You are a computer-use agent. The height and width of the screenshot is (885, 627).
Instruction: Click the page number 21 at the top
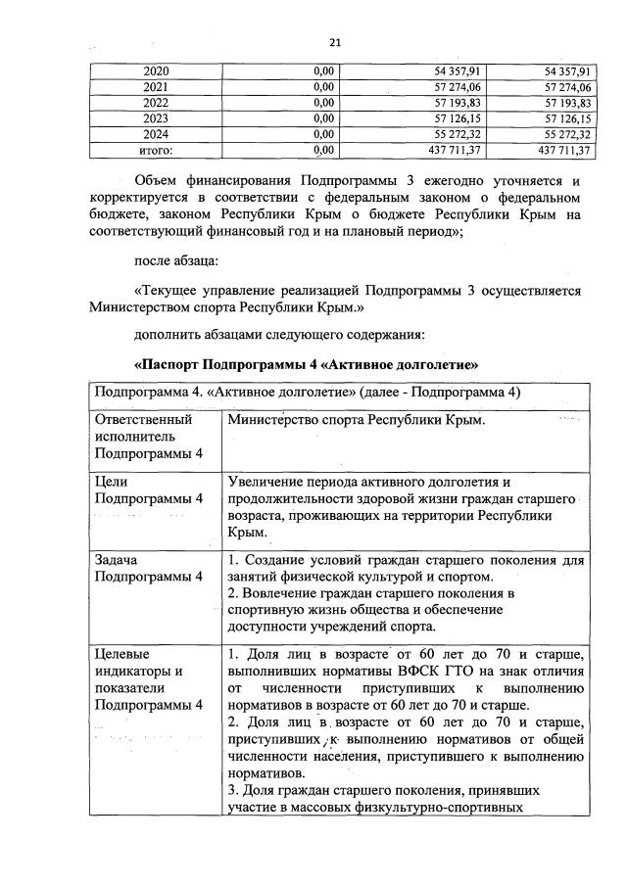pyautogui.click(x=333, y=42)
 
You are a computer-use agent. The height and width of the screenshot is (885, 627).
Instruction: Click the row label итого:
pyautogui.click(x=156, y=150)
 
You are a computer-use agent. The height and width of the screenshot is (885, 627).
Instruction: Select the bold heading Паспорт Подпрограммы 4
pyautogui.click(x=305, y=364)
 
